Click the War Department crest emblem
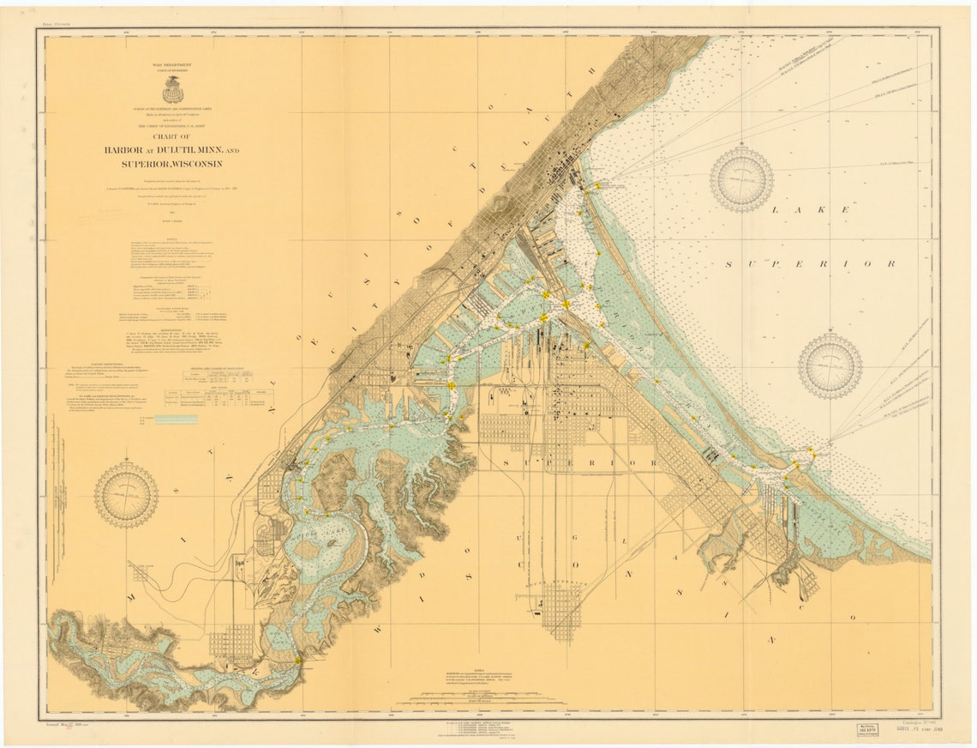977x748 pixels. pyautogui.click(x=172, y=88)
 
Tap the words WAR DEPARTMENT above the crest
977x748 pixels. pyautogui.click(x=172, y=64)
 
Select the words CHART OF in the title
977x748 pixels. pyautogui.click(x=172, y=136)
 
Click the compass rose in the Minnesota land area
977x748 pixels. pyautogui.click(x=126, y=494)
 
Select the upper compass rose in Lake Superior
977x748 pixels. pyautogui.click(x=741, y=179)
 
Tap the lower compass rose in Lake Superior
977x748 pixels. pyautogui.click(x=830, y=366)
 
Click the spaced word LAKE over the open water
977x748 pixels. pyautogui.click(x=810, y=210)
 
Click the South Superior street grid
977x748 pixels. pyautogui.click(x=561, y=609)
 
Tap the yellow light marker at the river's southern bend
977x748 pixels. pyautogui.click(x=297, y=660)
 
